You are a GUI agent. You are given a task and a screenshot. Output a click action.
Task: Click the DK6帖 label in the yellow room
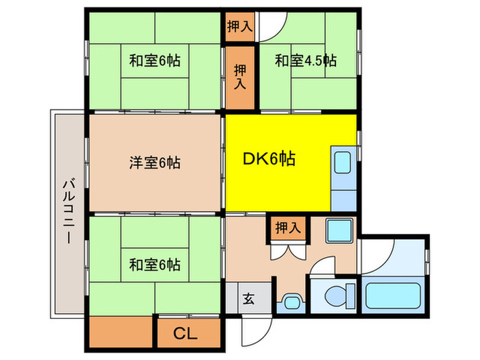269,160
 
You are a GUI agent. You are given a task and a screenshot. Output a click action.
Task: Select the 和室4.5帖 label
306,60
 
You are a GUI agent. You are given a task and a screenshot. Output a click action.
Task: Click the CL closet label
184,334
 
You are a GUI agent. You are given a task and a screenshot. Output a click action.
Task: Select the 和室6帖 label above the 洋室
155,60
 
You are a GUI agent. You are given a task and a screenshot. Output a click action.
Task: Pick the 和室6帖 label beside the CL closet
155,264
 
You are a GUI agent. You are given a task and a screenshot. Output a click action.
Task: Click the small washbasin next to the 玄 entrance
291,300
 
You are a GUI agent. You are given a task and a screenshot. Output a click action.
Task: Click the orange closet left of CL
119,333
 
